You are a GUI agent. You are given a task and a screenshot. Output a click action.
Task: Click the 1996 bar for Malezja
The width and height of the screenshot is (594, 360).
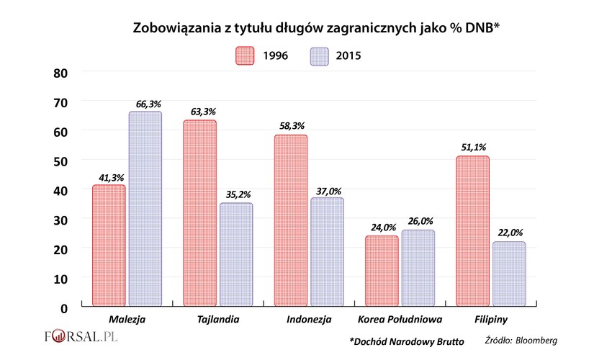pos(109,246)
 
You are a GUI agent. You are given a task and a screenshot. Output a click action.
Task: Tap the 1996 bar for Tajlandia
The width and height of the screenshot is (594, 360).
pos(199,213)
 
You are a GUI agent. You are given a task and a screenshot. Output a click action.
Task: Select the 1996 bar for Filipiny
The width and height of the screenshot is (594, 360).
pos(472,231)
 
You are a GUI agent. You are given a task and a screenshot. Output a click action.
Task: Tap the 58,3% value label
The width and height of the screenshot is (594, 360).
pos(292,126)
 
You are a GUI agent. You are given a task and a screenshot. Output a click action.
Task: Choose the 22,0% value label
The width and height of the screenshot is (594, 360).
pos(508,233)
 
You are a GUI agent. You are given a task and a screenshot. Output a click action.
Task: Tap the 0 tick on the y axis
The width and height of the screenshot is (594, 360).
pos(64,307)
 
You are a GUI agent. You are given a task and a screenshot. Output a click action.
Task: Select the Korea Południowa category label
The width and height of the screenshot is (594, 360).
pos(400,319)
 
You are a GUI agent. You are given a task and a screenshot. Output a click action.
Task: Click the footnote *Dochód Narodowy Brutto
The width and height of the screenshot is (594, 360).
pos(406,340)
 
